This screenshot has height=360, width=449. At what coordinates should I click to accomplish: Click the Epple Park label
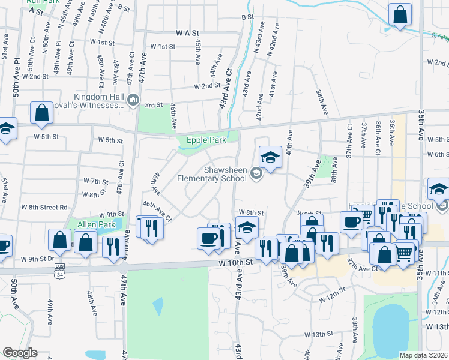click(x=206, y=140)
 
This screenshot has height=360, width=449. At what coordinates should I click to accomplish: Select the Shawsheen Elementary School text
click(x=211, y=174)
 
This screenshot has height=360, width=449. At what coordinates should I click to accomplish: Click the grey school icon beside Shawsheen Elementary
click(x=256, y=173)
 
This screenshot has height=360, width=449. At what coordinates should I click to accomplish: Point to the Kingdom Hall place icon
click(x=133, y=99)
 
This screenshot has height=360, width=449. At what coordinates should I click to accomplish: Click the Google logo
click(x=20, y=353)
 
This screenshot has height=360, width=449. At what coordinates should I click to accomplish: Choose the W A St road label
click(x=187, y=33)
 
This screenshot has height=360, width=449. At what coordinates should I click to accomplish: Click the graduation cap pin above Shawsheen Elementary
click(x=270, y=157)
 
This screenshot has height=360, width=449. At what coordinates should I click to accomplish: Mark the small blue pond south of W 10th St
click(x=157, y=307)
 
